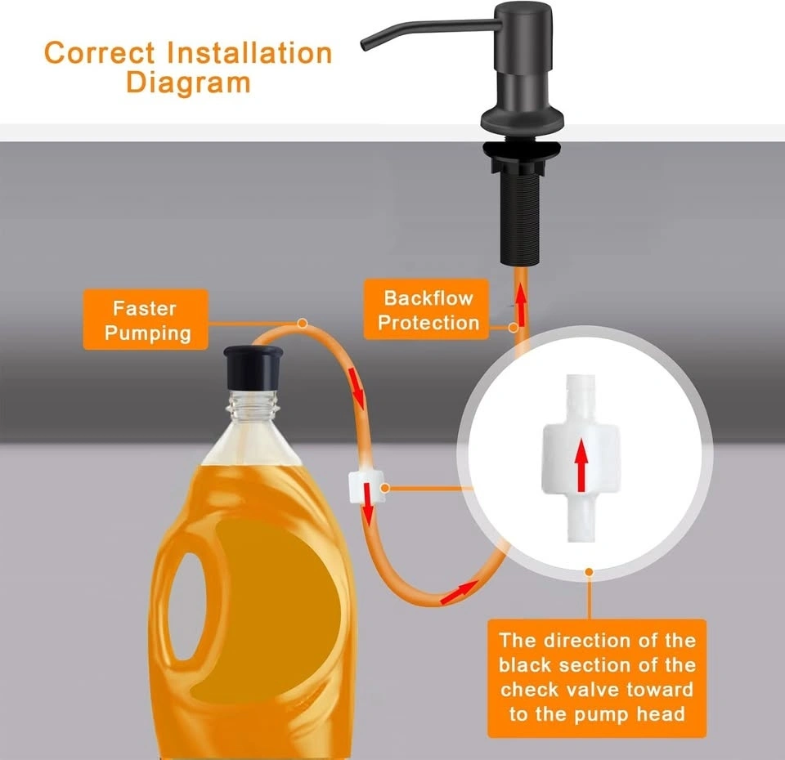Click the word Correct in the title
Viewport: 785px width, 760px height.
[100, 52]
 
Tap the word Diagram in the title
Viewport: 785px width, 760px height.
[188, 82]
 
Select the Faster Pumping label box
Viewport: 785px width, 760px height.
[146, 320]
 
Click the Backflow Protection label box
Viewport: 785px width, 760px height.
[426, 310]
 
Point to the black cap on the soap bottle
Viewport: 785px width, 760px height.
[253, 366]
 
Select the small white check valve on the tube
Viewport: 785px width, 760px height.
[366, 487]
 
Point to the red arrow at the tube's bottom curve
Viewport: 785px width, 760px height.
[459, 592]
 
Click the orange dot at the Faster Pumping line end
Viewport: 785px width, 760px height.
[303, 324]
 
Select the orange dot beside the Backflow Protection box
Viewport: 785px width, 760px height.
[514, 329]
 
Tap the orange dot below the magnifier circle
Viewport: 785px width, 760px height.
[590, 572]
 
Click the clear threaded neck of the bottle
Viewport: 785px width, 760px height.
[253, 406]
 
